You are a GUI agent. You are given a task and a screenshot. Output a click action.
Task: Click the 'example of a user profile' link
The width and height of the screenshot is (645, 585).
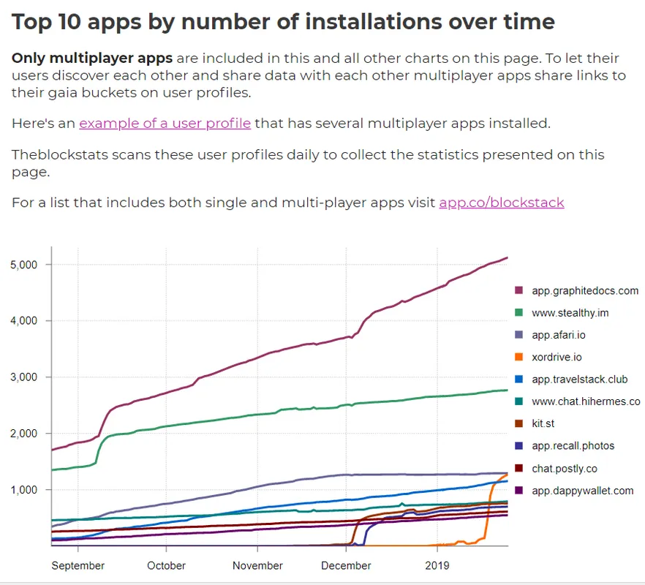[x=165, y=124]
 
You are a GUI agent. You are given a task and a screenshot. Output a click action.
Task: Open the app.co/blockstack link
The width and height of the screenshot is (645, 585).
[x=501, y=203]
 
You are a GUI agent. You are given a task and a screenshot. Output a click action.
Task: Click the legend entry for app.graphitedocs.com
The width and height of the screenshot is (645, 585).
[x=585, y=290]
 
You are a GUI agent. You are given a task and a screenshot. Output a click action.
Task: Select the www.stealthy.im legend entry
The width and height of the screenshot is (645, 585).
[x=570, y=313]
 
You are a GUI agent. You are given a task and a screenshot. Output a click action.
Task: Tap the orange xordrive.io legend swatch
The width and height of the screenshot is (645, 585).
[x=519, y=358]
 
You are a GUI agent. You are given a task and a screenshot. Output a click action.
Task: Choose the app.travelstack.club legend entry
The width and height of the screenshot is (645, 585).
[x=579, y=380]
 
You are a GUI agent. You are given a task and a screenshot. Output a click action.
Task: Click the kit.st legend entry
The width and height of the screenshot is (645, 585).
[x=545, y=424]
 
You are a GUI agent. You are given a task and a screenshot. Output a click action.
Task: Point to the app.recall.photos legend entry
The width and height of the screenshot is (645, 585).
[x=573, y=446]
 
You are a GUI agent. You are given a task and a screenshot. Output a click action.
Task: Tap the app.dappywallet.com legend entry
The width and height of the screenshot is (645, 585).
[x=582, y=491]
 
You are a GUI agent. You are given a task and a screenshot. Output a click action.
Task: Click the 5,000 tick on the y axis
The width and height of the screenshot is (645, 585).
[x=28, y=265]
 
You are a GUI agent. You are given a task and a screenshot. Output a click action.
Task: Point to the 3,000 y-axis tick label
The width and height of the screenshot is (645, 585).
[x=28, y=377]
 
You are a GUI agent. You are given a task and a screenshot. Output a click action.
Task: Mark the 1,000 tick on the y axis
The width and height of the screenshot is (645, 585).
[x=28, y=490]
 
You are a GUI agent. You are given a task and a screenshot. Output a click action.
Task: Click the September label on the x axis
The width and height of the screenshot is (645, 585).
[x=78, y=565]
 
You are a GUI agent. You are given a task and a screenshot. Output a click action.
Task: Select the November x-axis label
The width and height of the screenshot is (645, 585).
[x=257, y=565]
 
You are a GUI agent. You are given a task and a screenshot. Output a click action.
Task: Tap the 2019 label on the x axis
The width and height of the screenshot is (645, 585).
[x=437, y=565]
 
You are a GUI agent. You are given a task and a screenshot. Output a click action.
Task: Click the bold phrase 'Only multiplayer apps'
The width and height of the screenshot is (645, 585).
[x=92, y=58]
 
